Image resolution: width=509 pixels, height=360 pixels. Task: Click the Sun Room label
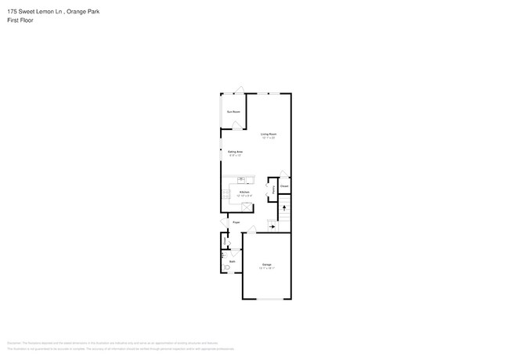tap(233, 112)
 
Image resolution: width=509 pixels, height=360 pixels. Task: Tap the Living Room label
tap(269, 135)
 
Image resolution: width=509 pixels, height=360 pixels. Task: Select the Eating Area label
tap(235, 152)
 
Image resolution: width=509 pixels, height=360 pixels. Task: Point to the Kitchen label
tap(244, 192)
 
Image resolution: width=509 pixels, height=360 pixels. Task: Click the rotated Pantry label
tap(273, 189)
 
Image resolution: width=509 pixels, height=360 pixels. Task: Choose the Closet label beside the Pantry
tap(284, 186)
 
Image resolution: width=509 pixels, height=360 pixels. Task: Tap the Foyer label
tap(236, 223)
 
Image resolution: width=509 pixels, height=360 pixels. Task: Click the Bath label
tap(232, 261)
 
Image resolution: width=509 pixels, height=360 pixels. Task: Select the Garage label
tap(266, 265)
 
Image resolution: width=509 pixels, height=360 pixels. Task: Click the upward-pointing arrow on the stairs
tap(284, 209)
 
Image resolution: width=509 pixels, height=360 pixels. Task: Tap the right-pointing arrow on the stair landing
tap(272, 227)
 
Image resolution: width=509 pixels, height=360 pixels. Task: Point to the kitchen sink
tap(241, 180)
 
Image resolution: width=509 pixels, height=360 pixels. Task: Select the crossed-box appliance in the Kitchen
tap(247, 207)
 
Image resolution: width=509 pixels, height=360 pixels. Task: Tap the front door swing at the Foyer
tap(223, 225)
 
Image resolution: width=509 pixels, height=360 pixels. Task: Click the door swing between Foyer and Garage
tap(251, 230)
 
